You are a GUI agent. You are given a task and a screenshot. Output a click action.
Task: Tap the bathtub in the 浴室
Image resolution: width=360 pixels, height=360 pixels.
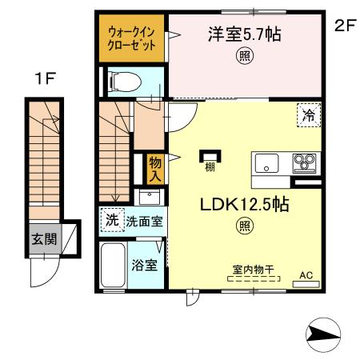tap(113, 265)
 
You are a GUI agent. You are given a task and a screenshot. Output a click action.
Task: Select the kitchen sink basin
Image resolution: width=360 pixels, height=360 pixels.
tap(266, 163)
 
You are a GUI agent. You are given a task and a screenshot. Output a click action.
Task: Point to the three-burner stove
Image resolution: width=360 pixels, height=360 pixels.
tap(304, 163)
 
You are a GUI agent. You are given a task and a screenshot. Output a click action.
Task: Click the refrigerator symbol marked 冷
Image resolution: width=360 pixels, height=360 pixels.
tap(309, 115)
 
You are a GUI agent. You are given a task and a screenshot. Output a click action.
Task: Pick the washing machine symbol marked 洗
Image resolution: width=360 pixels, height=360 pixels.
tap(112, 220)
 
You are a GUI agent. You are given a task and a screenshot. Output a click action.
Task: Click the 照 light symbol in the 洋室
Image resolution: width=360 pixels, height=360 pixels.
tap(245, 56)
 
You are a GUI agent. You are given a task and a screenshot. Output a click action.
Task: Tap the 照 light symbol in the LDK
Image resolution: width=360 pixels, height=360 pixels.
tap(245, 226)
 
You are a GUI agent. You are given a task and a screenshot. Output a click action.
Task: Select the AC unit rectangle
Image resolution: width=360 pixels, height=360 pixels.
tap(306, 284)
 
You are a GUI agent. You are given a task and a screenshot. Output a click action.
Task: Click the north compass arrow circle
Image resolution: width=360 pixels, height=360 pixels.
tap(323, 334)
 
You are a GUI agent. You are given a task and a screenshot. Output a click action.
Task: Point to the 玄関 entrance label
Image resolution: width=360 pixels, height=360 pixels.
tap(44, 238)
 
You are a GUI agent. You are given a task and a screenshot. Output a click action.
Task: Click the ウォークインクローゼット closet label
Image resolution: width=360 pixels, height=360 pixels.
tap(131, 38)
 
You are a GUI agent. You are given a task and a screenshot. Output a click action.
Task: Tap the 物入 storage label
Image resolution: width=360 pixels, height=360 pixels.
tap(155, 170)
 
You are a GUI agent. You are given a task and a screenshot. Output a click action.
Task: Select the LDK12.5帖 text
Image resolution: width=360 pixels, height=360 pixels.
tap(245, 205)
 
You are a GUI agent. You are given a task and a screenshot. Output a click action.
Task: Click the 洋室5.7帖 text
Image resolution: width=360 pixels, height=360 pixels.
tap(245, 34)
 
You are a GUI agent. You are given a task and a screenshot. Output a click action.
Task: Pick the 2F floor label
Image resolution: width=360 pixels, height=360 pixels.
tap(345, 26)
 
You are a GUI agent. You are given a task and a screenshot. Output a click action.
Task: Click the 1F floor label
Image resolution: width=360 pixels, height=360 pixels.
tap(45, 78)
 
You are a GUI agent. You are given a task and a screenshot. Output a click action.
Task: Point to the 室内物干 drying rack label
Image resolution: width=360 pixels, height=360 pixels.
tap(254, 270)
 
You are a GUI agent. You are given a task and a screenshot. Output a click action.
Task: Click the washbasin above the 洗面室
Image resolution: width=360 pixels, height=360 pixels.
tap(150, 198)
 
